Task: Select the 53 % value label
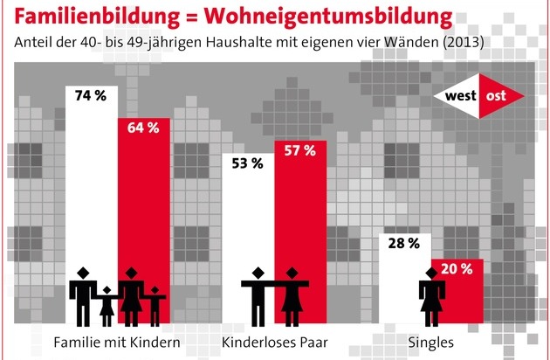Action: point(247,163)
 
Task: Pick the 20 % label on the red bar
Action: point(455,269)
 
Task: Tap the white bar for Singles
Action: point(403,280)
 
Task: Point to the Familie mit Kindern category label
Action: point(118,341)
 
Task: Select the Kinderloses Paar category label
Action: point(274,341)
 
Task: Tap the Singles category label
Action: point(430,341)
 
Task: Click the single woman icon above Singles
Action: point(430,297)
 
